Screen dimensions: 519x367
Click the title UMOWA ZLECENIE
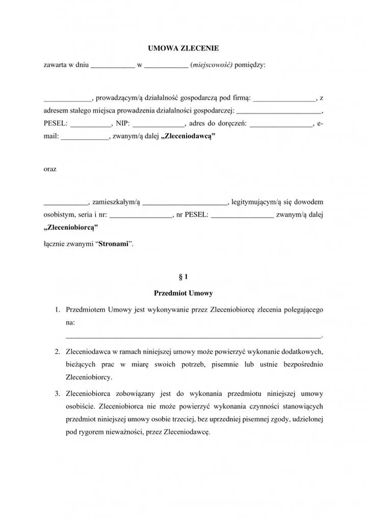click(183, 48)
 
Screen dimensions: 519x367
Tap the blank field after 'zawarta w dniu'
click(113, 66)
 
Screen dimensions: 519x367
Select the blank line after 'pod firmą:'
click(285, 99)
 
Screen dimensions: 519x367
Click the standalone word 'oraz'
click(50, 169)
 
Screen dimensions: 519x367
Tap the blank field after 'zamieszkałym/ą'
click(185, 202)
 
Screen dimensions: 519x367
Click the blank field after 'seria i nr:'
click(141, 215)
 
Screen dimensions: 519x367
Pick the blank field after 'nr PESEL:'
click(242, 215)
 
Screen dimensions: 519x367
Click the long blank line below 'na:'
click(194, 335)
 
